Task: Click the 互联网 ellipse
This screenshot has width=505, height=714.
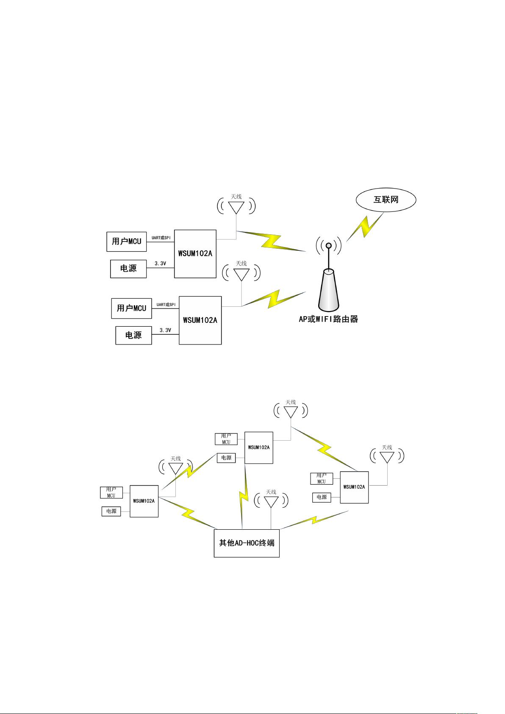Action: pos(386,200)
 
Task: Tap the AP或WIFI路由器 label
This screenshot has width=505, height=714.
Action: pos(328,319)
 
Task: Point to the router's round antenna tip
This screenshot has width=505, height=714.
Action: pos(328,245)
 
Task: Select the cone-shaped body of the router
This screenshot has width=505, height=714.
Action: pos(328,290)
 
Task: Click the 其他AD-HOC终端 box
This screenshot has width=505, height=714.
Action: pos(247,543)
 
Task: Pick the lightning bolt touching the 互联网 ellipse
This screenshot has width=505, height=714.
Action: pos(365,227)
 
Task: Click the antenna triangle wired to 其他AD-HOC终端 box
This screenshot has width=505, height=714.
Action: pos(271,502)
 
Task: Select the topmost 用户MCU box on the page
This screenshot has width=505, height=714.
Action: pos(127,242)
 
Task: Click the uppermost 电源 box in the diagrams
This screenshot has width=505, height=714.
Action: pos(128,269)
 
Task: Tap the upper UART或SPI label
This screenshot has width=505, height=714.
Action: pos(161,238)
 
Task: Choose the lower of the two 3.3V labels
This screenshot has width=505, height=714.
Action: pos(165,330)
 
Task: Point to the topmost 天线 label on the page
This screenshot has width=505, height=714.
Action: pos(236,197)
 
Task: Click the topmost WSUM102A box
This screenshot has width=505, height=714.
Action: pos(195,254)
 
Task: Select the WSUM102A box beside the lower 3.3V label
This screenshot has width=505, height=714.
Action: pos(200,320)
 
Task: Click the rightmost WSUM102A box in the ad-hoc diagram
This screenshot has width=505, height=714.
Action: pos(354,487)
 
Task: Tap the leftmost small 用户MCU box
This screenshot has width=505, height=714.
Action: pos(111,492)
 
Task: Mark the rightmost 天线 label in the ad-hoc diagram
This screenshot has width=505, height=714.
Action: pos(387,447)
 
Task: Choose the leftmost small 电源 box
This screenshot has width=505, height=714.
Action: pos(111,511)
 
